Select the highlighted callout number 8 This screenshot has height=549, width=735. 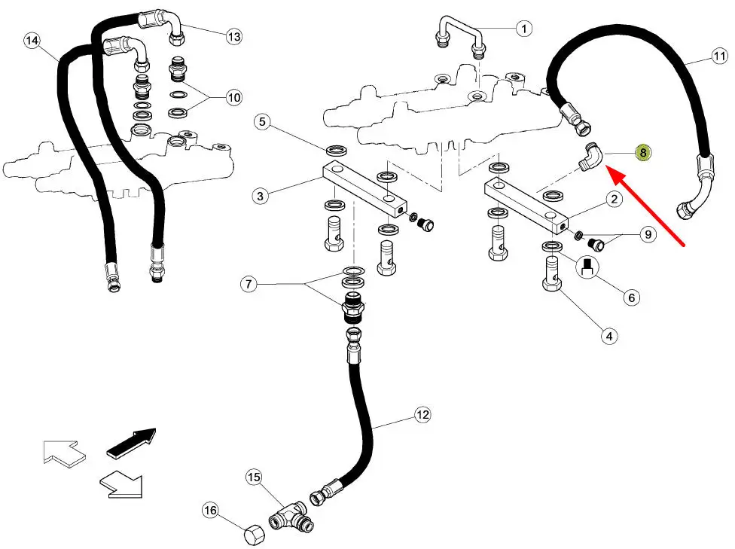coord(642,152)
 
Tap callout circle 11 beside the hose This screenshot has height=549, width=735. coord(718,57)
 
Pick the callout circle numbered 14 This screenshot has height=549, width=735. coord(32,41)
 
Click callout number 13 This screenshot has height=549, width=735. coord(234,35)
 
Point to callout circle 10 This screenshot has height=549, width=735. coord(233,97)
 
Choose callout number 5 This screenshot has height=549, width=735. coord(261,121)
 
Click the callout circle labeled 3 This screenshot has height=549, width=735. coord(260,197)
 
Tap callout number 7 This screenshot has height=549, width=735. coord(249,285)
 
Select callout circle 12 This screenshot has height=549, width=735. coord(422,415)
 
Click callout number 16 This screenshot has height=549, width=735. coord(210,511)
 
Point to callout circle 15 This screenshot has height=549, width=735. coord(254,477)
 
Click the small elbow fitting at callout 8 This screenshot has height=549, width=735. coord(590,156)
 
